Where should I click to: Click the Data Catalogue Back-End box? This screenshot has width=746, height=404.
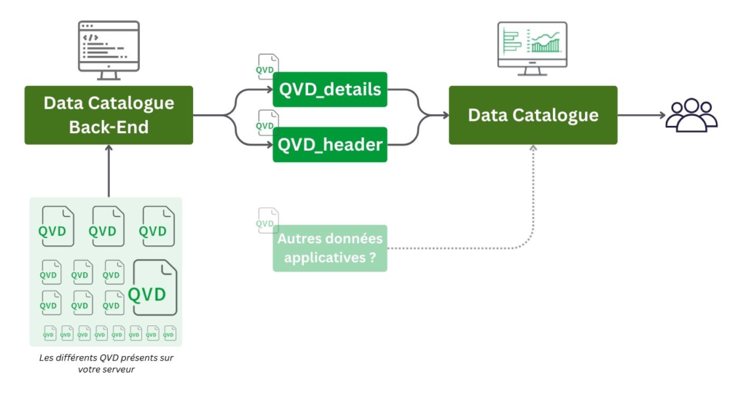pos(109,115)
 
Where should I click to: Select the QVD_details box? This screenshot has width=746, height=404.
pos(330,90)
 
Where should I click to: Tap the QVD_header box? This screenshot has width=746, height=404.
pos(330,144)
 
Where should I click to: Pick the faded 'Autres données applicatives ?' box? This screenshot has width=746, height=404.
pos(330,248)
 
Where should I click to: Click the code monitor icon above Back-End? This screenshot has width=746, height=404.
pos(109,49)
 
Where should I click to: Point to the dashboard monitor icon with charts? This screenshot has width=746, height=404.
pos(532,46)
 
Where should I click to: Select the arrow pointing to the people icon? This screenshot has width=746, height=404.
pos(641,115)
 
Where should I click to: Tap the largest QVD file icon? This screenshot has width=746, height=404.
pos(155,288)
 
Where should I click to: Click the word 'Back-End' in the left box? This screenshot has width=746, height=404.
pos(109,127)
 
